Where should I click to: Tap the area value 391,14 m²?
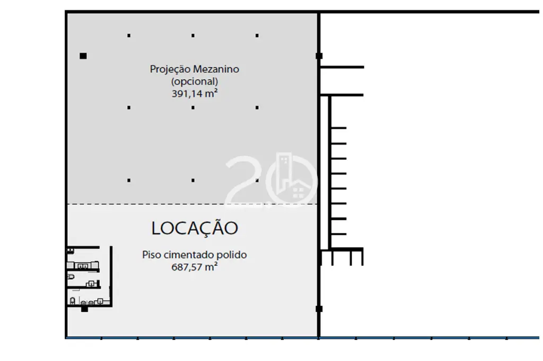[x=195, y=93]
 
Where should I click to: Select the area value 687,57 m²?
[x=195, y=267]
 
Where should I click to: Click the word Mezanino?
[x=216, y=69]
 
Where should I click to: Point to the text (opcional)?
[x=195, y=82]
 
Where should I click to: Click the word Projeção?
[x=170, y=69]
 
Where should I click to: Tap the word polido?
[x=232, y=255]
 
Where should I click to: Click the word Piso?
[x=151, y=255]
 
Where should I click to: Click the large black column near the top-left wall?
[x=83, y=56]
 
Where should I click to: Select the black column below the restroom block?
[x=84, y=309]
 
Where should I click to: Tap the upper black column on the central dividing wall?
[x=319, y=56]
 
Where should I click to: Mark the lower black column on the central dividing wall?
[x=319, y=309]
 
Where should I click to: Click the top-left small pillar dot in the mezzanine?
[x=129, y=35]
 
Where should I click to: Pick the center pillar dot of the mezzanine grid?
[x=193, y=107]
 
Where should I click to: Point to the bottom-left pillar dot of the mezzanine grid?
[x=129, y=180]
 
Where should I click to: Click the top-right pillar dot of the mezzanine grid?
[x=257, y=35]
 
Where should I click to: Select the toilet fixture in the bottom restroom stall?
[x=73, y=301]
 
